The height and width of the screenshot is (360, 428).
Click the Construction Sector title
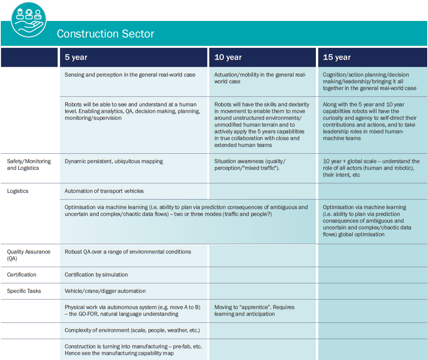(105, 34)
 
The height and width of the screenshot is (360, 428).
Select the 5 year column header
(76, 57)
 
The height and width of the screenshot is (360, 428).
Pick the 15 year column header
(337, 57)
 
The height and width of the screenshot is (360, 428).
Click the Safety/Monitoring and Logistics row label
(29, 164)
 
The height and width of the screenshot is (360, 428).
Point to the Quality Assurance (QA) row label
(29, 255)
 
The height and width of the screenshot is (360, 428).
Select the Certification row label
(22, 275)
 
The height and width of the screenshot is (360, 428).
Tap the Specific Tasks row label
(24, 291)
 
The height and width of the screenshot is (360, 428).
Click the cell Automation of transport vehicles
(104, 191)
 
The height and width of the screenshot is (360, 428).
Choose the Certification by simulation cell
(96, 275)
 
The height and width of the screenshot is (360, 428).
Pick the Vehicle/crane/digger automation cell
(105, 291)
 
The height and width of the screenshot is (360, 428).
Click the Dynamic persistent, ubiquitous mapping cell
(114, 161)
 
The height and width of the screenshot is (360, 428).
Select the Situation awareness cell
(250, 164)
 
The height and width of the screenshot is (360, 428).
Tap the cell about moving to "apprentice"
(254, 310)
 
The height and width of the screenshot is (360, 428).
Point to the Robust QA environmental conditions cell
(128, 252)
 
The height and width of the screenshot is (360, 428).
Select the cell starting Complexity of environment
(132, 330)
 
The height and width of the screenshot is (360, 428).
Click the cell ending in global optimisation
(367, 221)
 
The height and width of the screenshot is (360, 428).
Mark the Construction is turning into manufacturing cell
(133, 350)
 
